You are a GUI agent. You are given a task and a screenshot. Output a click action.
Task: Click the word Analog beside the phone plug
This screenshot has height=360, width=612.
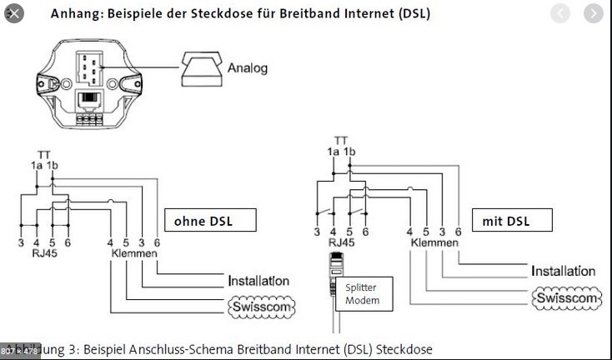[x=248, y=67]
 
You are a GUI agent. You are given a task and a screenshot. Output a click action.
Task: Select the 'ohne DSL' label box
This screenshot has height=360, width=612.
[x=208, y=221]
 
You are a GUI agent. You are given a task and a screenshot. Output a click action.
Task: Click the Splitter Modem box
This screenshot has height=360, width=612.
[x=363, y=293]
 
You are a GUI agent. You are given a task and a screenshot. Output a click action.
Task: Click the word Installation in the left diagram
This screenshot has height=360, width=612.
[x=258, y=281]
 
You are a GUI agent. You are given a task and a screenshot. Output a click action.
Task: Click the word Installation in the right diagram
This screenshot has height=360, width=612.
[x=564, y=271]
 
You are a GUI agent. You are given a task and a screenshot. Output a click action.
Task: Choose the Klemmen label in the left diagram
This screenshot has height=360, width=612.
[x=133, y=254]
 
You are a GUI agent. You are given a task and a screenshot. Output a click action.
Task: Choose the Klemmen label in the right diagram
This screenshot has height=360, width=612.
[x=434, y=243]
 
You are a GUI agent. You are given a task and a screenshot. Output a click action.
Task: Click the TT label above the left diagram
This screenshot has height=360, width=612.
[x=43, y=154]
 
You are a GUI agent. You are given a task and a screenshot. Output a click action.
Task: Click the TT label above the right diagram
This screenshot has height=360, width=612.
[x=341, y=142]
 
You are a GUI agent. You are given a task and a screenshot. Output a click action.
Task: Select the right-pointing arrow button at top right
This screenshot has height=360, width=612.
[x=592, y=14]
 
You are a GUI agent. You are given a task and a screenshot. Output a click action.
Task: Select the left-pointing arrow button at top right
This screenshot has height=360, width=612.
[x=562, y=14]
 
